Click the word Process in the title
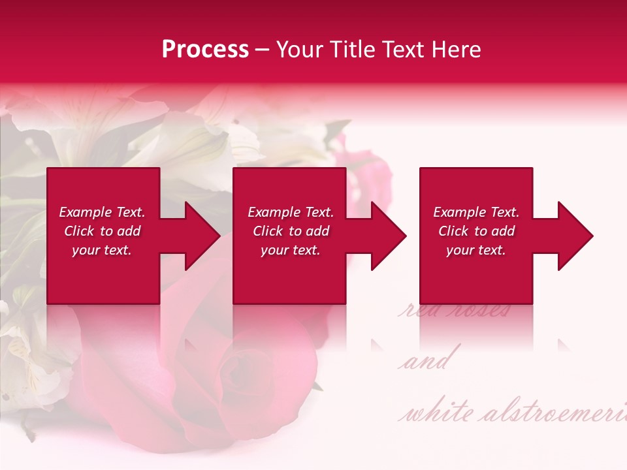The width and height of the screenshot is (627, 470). (x=205, y=50)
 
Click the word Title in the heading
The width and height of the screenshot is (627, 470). (x=353, y=50)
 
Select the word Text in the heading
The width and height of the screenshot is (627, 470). (x=405, y=50)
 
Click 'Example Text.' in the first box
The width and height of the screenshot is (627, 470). (x=102, y=212)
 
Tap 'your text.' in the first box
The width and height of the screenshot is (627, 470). (x=102, y=250)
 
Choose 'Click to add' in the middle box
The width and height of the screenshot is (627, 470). (x=291, y=231)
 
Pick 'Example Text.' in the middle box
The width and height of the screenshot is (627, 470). (x=291, y=212)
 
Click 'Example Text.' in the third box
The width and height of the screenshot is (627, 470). (x=476, y=212)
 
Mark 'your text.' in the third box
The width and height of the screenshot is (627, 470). (x=476, y=250)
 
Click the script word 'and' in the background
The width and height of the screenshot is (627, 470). (x=426, y=362)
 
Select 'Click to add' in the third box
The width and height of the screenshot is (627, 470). (x=476, y=231)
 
